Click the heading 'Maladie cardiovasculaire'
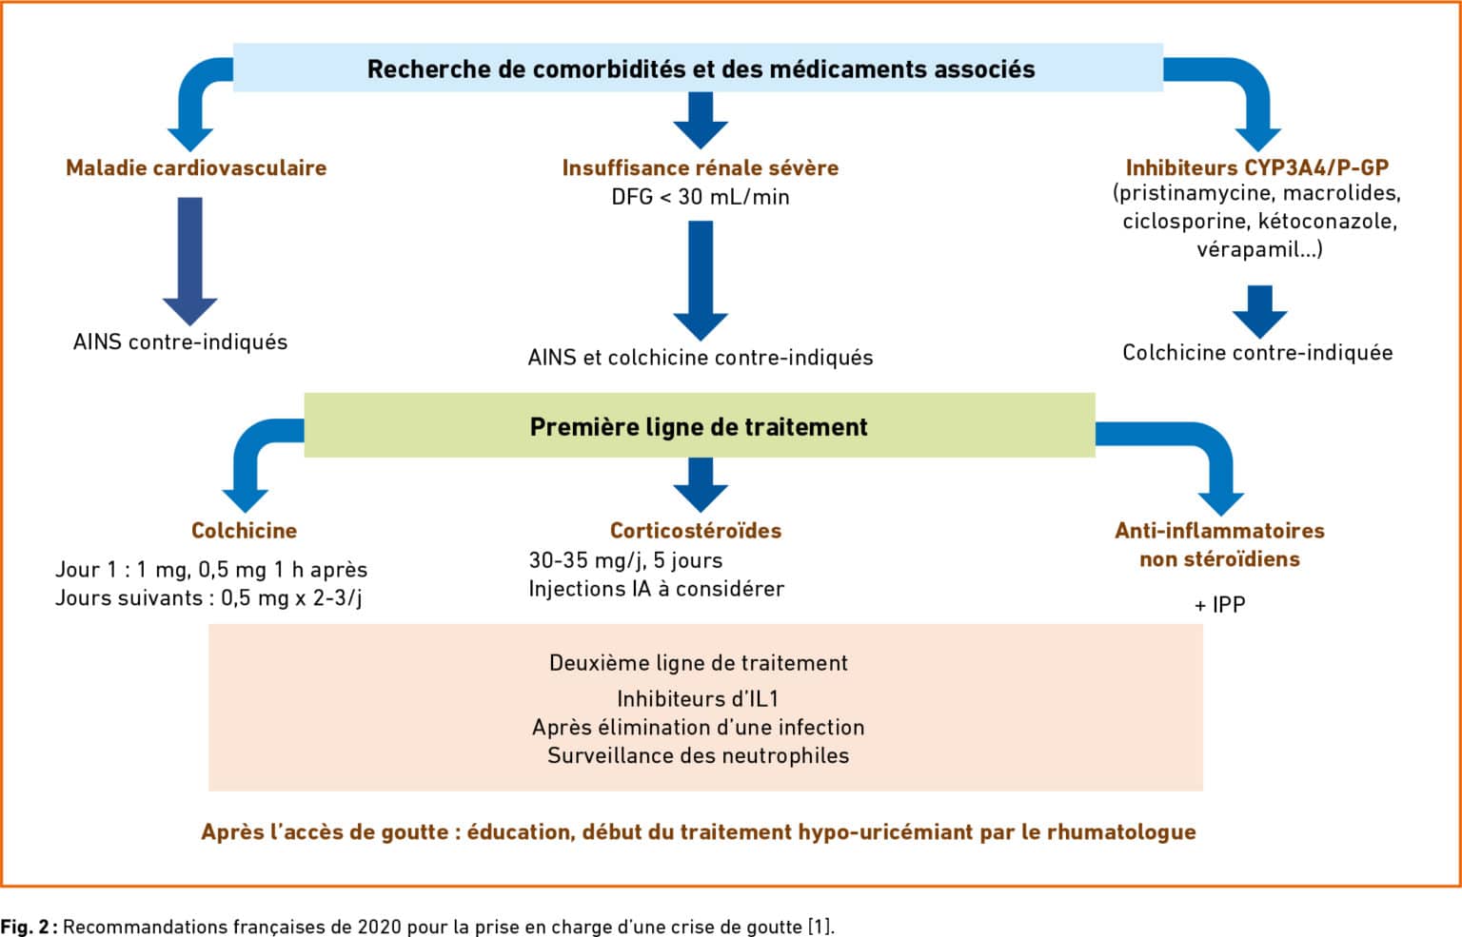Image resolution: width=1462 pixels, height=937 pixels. click(196, 168)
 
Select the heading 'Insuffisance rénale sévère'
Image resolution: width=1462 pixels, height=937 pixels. click(701, 168)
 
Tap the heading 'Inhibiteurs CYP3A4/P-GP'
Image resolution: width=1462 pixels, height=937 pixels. click(1257, 168)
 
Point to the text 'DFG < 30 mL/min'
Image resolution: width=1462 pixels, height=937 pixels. click(701, 197)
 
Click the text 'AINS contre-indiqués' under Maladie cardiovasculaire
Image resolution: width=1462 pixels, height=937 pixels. click(180, 342)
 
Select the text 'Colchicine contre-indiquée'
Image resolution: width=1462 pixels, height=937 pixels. click(1257, 353)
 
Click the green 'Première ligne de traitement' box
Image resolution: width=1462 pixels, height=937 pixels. click(700, 425)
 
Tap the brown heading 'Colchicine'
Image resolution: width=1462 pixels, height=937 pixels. click(244, 531)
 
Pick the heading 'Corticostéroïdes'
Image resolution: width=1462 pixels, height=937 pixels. click(696, 531)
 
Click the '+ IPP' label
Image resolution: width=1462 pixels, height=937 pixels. click(1220, 605)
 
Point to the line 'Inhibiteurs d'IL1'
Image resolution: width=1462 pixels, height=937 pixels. click(699, 699)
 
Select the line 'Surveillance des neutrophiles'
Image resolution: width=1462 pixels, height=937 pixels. click(699, 755)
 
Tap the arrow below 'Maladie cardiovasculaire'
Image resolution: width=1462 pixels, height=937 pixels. click(190, 261)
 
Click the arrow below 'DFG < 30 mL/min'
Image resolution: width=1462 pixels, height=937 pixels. click(701, 281)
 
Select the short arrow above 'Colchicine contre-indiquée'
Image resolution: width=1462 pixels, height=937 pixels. click(1259, 312)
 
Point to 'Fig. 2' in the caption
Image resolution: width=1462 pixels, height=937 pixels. click(25, 927)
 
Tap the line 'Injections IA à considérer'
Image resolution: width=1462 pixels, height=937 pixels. click(657, 589)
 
